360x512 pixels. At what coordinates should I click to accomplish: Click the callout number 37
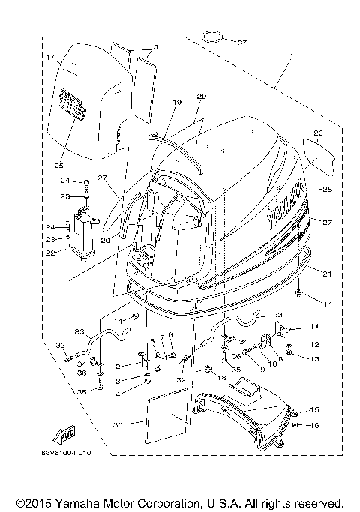241,42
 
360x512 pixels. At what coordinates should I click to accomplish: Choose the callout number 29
201,97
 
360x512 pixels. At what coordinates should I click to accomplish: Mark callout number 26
317,135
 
